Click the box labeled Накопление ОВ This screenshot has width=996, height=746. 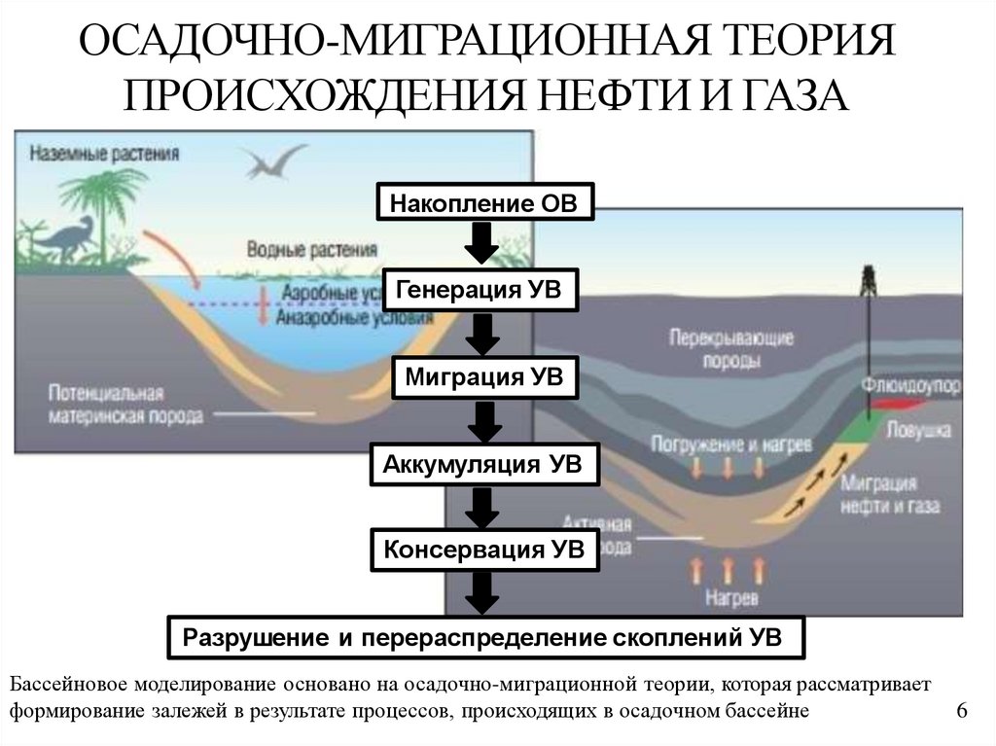point(483,204)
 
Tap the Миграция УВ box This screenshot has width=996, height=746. point(484,377)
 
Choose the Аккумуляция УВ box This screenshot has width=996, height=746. point(482,464)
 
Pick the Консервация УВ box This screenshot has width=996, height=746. point(483,551)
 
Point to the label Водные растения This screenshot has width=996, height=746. point(311,251)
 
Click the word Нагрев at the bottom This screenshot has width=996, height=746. point(732,595)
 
